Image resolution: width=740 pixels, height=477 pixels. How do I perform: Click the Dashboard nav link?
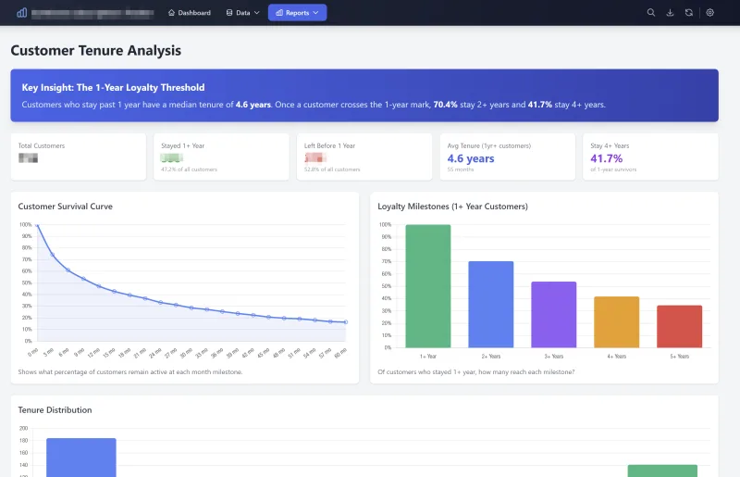click(x=189, y=13)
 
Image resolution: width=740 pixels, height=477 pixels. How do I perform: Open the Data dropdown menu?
click(x=243, y=13)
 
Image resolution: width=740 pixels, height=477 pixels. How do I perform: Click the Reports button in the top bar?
click(x=297, y=13)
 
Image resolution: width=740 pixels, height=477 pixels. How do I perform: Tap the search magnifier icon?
click(x=651, y=13)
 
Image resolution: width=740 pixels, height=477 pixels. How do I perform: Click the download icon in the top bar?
click(x=670, y=13)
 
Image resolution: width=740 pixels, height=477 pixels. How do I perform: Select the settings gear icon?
click(x=709, y=13)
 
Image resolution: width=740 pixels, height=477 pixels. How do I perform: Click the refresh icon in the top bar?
click(x=688, y=13)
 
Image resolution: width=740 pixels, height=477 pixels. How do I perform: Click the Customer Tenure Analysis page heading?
click(x=96, y=51)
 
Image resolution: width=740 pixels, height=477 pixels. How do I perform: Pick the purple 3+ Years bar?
click(x=554, y=314)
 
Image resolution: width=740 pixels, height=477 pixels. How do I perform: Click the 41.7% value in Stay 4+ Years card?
click(x=607, y=158)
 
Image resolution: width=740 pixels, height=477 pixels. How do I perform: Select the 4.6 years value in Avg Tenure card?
click(x=471, y=158)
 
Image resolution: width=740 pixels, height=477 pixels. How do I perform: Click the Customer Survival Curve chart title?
click(x=66, y=207)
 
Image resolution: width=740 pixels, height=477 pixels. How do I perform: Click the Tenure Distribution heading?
click(x=55, y=409)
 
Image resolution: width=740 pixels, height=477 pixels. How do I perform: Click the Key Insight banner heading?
click(x=113, y=87)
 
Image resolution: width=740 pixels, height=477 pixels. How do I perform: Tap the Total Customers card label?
click(x=42, y=145)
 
